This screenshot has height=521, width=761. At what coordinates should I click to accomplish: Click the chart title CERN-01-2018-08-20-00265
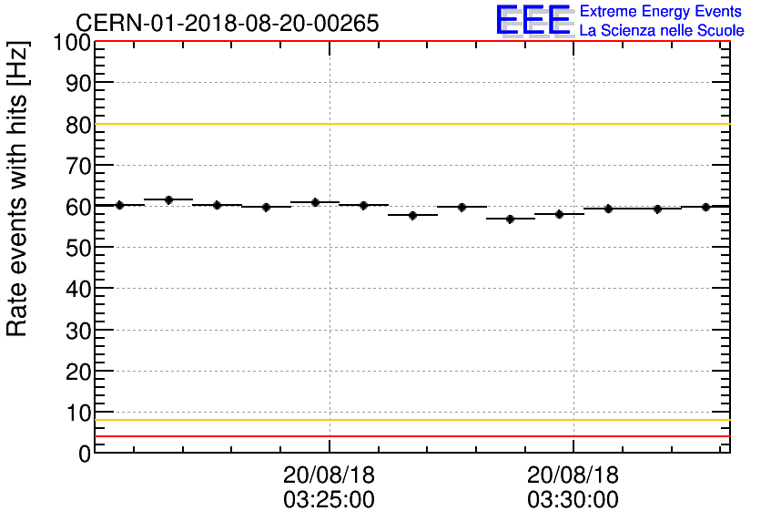(x=227, y=23)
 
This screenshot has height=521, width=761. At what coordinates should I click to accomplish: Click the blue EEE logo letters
(x=533, y=20)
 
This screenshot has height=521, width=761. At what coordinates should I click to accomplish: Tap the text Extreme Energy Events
(x=662, y=12)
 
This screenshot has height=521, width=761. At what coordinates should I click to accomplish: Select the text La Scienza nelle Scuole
(x=662, y=31)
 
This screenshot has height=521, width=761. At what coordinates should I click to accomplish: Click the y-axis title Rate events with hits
(x=18, y=188)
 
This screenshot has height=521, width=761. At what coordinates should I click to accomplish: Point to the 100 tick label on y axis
(x=71, y=43)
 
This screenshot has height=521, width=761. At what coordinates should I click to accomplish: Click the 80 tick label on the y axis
(x=77, y=125)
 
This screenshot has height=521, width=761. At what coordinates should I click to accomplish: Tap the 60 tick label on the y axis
(x=77, y=207)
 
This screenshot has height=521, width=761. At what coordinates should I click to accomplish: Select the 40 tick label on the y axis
(x=77, y=289)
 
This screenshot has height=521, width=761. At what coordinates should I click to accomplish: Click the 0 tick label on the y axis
(x=84, y=454)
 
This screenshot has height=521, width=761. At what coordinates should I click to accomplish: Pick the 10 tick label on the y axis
(x=77, y=413)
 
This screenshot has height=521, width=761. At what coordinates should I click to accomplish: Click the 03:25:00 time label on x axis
(x=329, y=500)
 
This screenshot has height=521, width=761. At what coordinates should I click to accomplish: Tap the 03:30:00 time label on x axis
(x=573, y=500)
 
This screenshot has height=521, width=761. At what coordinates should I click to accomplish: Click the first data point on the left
(x=119, y=205)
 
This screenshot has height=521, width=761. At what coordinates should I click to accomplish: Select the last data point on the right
(x=706, y=207)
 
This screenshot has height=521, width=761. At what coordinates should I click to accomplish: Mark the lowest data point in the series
(x=510, y=219)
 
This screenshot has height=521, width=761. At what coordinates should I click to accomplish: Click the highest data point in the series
(x=168, y=199)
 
